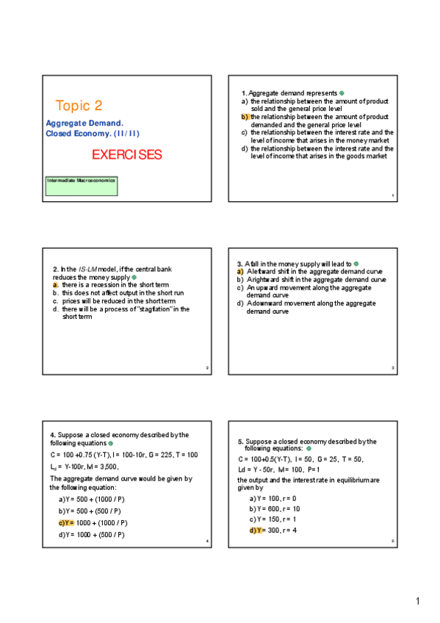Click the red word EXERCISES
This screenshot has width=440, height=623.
[x=126, y=155]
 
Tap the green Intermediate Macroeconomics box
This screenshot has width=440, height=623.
[x=82, y=185]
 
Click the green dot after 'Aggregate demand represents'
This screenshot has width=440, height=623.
[x=342, y=93]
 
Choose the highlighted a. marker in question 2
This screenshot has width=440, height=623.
[x=56, y=285]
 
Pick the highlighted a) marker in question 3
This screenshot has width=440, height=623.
[x=240, y=272]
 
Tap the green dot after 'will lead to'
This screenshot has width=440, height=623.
[x=356, y=264]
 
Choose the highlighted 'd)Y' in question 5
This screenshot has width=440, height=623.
[x=256, y=530]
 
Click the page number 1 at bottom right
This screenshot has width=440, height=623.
[x=417, y=602]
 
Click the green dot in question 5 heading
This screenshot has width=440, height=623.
[x=309, y=448]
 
